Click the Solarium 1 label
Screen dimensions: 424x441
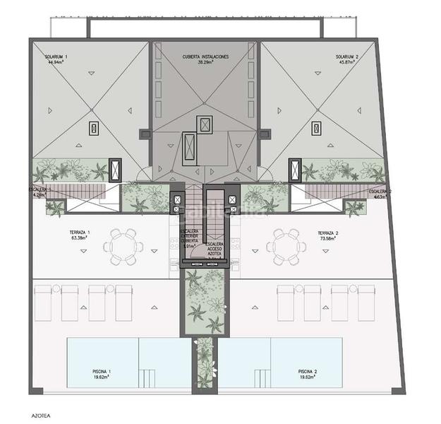(x=55, y=56)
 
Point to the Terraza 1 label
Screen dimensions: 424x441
(x=79, y=232)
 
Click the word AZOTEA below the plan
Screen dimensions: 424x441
(x=41, y=408)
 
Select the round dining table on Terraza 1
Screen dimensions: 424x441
(x=123, y=246)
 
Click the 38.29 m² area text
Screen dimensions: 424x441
(x=205, y=62)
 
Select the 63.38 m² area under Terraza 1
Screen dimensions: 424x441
(x=79, y=238)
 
